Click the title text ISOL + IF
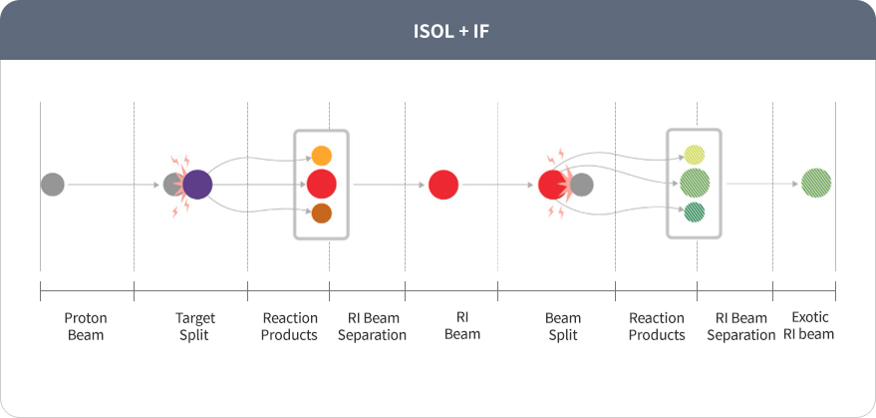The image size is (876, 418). pos(450,31)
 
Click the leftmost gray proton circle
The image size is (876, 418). pos(53,185)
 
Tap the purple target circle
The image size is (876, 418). pos(197,185)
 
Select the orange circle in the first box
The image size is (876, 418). pos(321,156)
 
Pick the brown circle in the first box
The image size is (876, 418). pos(321,213)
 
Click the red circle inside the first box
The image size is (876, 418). pos(321,184)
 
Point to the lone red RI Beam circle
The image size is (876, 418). pos(443,185)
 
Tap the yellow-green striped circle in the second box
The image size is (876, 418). pos(695,155)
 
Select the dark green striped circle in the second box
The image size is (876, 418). pos(695,212)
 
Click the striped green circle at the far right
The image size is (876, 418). pos(816,183)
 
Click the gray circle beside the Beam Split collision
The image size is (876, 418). pos(582,185)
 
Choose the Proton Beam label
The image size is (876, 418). pos(86,326)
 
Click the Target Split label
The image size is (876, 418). pos(195,326)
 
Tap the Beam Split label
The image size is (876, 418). pos(563,326)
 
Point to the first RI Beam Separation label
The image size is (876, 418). pos(372,326)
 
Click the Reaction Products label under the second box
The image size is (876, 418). pos(657,326)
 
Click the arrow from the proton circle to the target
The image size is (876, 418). pos(114,185)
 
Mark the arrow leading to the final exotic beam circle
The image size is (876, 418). pos(762,184)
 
